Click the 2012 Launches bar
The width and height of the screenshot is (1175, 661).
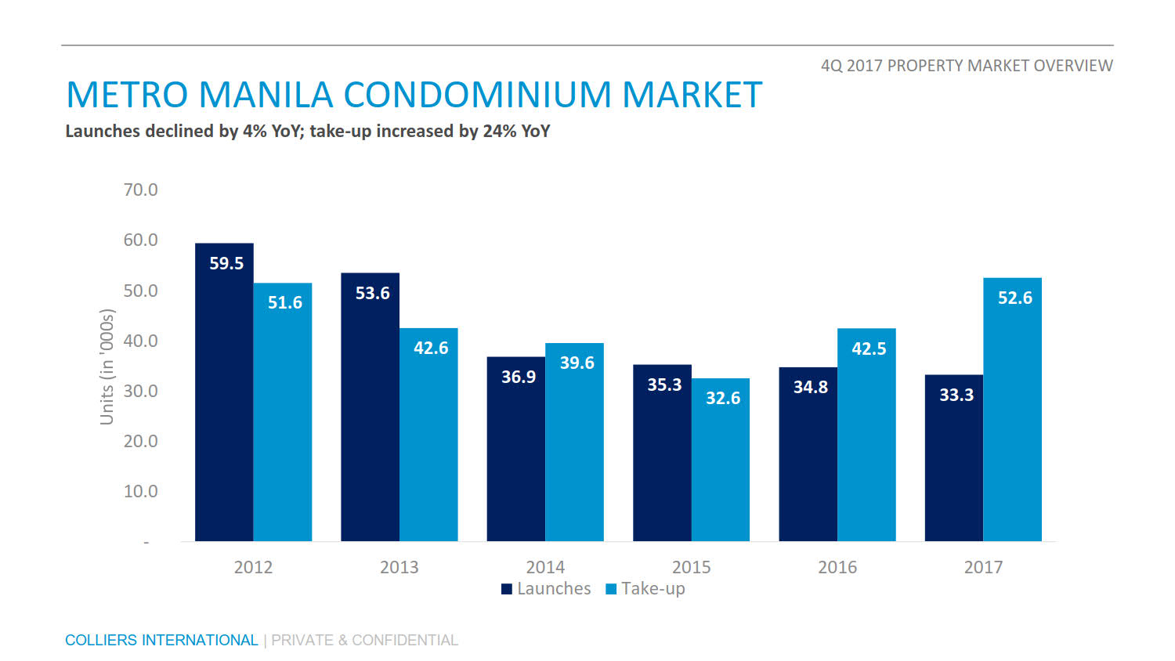pyautogui.click(x=224, y=392)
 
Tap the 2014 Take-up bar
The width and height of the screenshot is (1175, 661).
pyautogui.click(x=574, y=442)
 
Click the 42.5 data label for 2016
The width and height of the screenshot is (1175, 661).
pyautogui.click(x=869, y=349)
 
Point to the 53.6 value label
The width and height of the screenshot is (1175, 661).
pyautogui.click(x=372, y=293)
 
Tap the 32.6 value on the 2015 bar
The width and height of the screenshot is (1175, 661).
pyautogui.click(x=722, y=398)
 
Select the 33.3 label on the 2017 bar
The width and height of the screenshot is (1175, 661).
pyautogui.click(x=956, y=395)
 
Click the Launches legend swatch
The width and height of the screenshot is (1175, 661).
pyautogui.click(x=507, y=589)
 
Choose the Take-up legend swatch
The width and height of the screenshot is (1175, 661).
pyautogui.click(x=611, y=589)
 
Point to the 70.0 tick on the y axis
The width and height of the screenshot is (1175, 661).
pyautogui.click(x=140, y=190)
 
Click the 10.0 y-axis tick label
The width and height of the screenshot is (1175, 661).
pyautogui.click(x=140, y=491)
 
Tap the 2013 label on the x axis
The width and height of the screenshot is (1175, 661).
pyautogui.click(x=399, y=567)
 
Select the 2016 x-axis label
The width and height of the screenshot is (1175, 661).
pyautogui.click(x=837, y=567)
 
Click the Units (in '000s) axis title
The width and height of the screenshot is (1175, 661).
pyautogui.click(x=107, y=367)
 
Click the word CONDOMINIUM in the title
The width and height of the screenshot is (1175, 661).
pyautogui.click(x=478, y=96)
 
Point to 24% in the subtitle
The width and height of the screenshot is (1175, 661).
pyautogui.click(x=499, y=131)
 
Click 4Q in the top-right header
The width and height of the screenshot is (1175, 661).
pyautogui.click(x=831, y=66)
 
